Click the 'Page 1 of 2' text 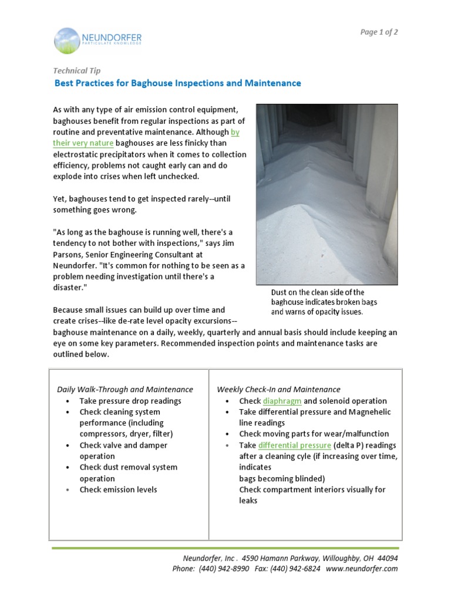tap(379, 32)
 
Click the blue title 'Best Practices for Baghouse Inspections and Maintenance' tap(177, 83)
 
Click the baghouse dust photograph tap(327, 194)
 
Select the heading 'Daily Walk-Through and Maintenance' tap(124, 389)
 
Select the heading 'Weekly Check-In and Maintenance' tap(278, 389)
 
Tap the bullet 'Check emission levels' tap(118, 489)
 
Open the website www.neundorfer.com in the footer tap(362, 569)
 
